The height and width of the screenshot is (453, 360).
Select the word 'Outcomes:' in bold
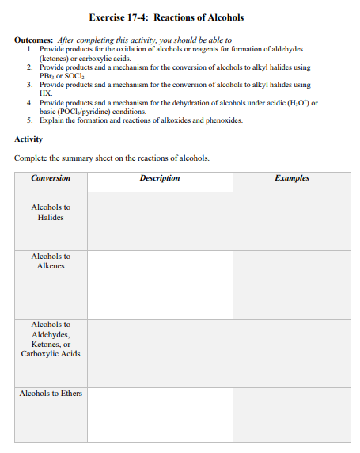click(x=33, y=40)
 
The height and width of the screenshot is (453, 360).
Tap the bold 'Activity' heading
click(x=28, y=139)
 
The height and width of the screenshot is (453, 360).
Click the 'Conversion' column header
click(x=51, y=178)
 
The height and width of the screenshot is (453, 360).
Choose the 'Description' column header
click(x=160, y=178)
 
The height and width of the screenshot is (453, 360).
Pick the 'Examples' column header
click(x=292, y=178)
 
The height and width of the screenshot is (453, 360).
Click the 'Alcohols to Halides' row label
click(x=51, y=212)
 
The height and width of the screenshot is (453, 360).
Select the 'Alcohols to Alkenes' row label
click(x=51, y=261)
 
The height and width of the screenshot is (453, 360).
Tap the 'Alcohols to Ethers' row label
click(x=51, y=394)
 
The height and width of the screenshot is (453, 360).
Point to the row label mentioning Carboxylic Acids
click(x=51, y=339)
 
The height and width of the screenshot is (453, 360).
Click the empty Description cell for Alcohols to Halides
click(x=160, y=221)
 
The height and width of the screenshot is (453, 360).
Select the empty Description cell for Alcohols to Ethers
click(x=160, y=413)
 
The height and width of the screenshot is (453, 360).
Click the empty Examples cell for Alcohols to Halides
click(x=292, y=221)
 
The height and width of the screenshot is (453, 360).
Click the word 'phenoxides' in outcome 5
click(x=224, y=120)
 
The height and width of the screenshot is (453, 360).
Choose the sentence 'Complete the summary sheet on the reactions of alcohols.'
click(x=112, y=158)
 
